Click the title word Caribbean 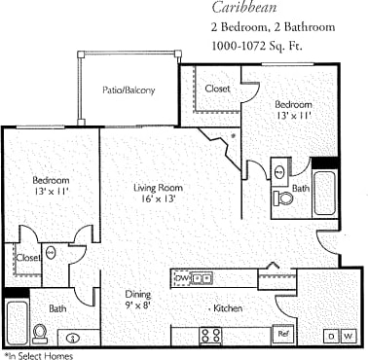coord(243,9)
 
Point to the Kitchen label coord(228,308)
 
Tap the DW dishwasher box coord(182,278)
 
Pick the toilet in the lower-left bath coord(40,333)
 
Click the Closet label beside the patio coord(217,88)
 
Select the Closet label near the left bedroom coord(28,258)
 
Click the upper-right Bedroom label coord(292,104)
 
